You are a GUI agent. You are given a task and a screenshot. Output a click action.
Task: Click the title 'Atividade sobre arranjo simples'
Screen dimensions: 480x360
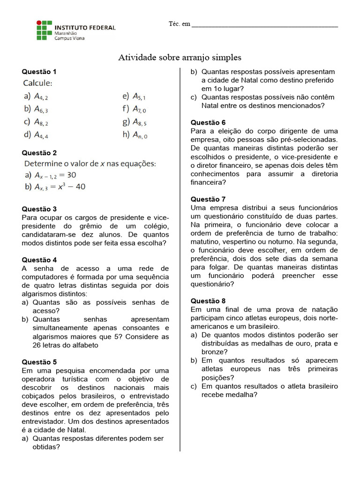[180, 58]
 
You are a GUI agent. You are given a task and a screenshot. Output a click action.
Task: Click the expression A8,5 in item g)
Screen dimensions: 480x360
[140, 122]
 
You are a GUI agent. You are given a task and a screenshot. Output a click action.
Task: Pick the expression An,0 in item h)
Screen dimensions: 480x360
[140, 135]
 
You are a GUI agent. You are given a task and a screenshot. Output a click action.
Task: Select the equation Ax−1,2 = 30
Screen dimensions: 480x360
[55, 175]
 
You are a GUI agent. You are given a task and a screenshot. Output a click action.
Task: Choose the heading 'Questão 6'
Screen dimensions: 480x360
[208, 122]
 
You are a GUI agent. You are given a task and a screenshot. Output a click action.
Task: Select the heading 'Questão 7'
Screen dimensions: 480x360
[208, 199]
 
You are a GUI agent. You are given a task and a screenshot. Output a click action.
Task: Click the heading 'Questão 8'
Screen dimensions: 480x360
[208, 301]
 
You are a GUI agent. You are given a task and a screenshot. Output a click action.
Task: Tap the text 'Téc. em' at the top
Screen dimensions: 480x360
[180, 24]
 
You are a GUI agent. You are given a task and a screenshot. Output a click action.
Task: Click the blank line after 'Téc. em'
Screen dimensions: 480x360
[265, 25]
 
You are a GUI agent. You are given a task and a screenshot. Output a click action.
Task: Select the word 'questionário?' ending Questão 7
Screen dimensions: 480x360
[212, 284]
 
